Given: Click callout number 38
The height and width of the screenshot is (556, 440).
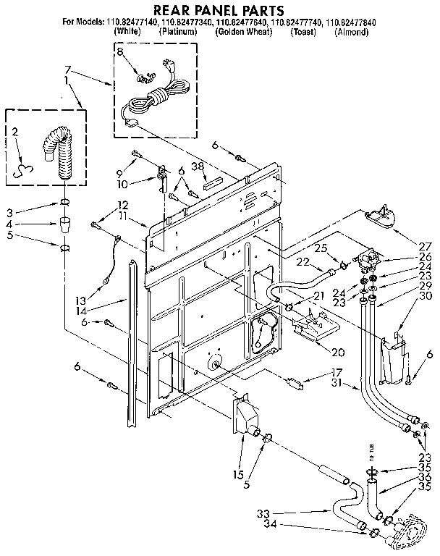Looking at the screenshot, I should click(196, 166).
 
